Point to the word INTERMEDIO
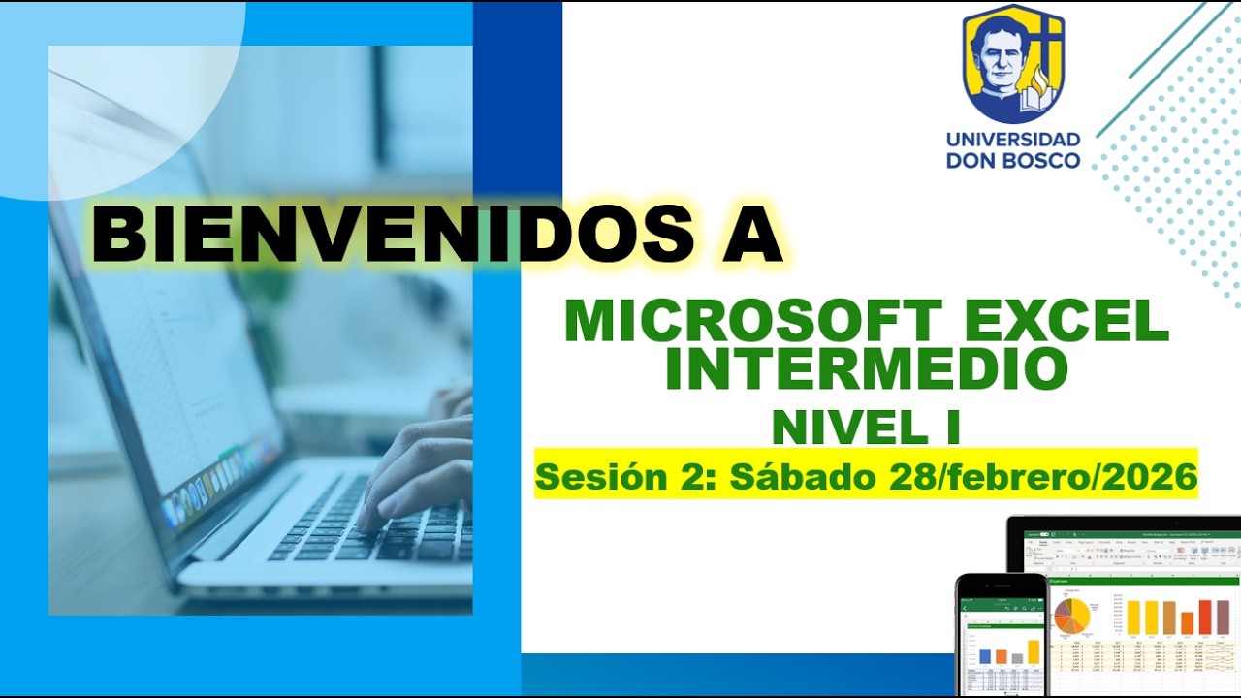(866, 367)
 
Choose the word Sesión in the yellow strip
(590, 477)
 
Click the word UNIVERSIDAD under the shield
(1013, 139)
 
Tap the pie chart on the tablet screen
(1072, 615)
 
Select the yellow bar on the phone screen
(1034, 651)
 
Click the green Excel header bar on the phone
(1002, 604)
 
